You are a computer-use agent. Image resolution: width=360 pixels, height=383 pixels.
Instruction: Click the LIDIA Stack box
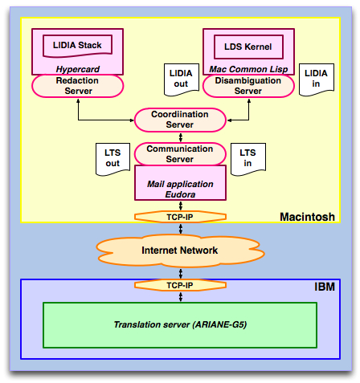click(77, 46)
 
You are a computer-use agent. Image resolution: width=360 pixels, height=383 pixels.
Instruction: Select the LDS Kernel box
click(248, 47)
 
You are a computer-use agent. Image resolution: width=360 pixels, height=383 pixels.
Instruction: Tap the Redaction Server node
click(78, 86)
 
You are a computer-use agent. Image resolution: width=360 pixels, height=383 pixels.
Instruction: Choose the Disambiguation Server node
click(248, 86)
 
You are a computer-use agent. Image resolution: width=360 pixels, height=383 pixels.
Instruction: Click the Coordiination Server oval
click(180, 120)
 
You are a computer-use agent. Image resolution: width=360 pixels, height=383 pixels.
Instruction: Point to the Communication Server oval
click(180, 154)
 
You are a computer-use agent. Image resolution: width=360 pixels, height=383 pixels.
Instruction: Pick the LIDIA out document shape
click(182, 79)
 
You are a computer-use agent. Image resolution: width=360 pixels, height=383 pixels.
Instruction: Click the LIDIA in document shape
click(317, 79)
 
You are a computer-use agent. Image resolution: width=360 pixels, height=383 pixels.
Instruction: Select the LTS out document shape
click(112, 159)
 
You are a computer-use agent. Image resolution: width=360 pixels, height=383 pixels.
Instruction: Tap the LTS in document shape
click(248, 159)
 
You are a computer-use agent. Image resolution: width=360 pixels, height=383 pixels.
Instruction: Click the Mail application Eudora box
click(180, 183)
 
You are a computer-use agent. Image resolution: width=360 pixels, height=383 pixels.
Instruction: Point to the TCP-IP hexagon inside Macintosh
click(180, 217)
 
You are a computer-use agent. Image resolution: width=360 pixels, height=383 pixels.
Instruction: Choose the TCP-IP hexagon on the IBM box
click(180, 285)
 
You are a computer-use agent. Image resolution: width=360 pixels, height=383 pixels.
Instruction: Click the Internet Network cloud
click(180, 251)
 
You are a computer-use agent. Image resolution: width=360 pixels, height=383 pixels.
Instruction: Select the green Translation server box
click(180, 325)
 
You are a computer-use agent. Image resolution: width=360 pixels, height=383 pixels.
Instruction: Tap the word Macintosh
click(307, 217)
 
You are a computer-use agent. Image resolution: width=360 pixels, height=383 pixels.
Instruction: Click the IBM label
click(325, 287)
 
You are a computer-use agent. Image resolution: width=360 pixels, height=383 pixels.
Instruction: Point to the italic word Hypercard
click(78, 69)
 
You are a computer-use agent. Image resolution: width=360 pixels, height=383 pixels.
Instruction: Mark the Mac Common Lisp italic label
click(248, 69)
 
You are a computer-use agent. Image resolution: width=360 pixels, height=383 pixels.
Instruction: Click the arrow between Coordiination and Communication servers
click(181, 137)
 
